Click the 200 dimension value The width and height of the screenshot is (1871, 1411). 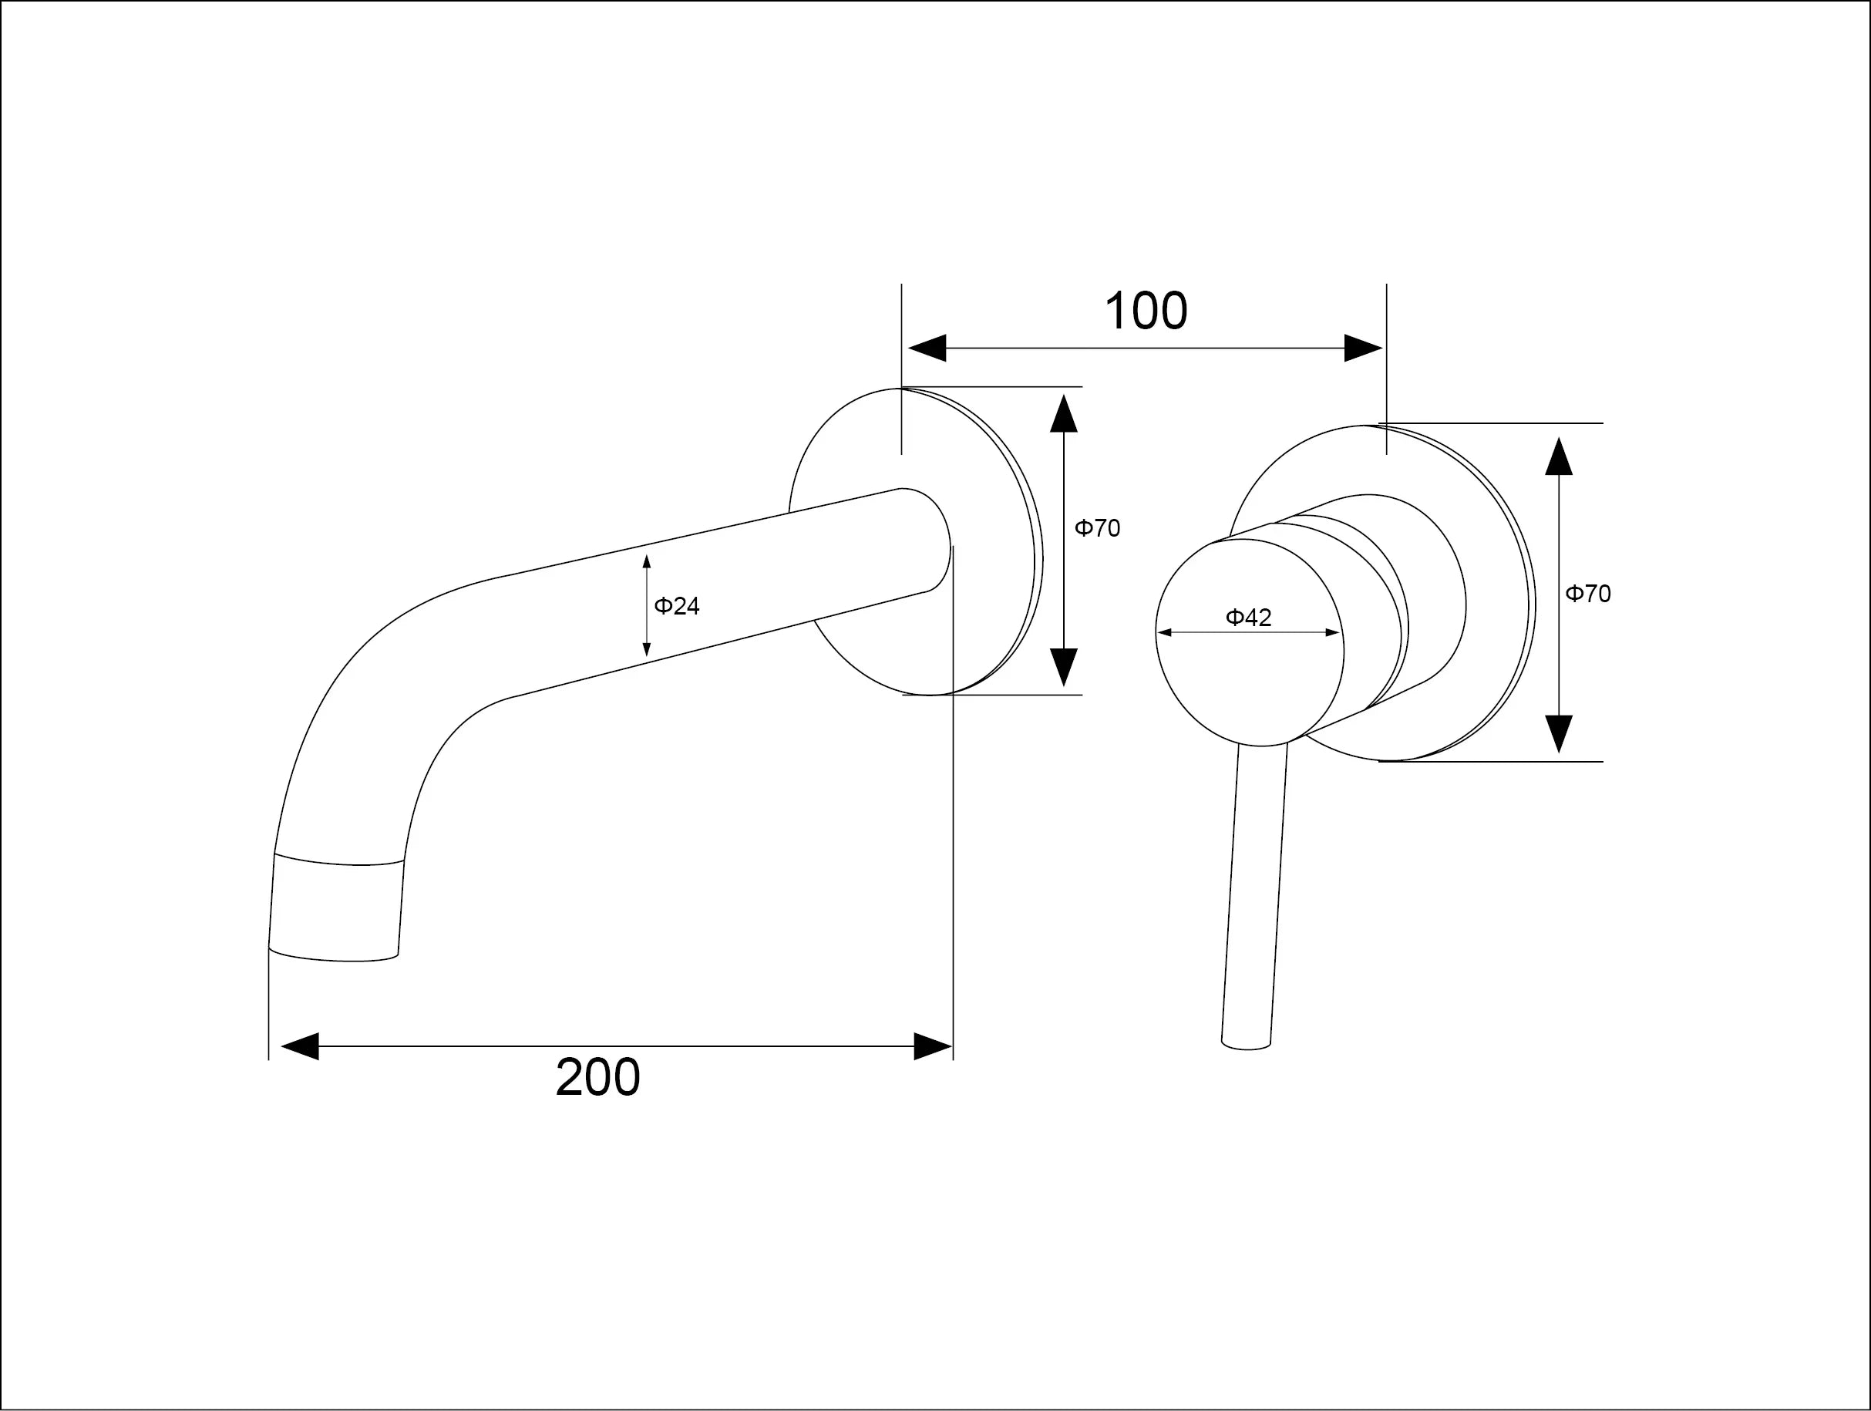(x=597, y=1078)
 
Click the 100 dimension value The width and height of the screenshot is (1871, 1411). (x=1146, y=311)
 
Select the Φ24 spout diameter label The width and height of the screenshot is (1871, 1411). (x=677, y=606)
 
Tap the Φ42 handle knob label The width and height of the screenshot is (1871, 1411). (x=1248, y=618)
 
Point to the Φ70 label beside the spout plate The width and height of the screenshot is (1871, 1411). (x=1097, y=528)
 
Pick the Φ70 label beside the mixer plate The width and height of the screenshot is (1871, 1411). (x=1587, y=593)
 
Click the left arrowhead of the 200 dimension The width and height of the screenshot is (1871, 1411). (x=299, y=1046)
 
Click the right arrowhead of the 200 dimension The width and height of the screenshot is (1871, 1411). (x=933, y=1046)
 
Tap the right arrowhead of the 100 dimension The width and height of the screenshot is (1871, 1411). (x=1363, y=348)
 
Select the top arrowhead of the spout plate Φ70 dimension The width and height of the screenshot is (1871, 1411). (x=1063, y=413)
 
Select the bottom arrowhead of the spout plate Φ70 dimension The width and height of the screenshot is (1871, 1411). (x=1063, y=668)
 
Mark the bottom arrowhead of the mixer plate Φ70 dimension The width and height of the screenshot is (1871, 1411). (x=1558, y=733)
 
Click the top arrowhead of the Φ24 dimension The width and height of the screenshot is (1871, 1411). (x=646, y=561)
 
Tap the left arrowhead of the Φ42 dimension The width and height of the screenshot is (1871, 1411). (x=1163, y=632)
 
